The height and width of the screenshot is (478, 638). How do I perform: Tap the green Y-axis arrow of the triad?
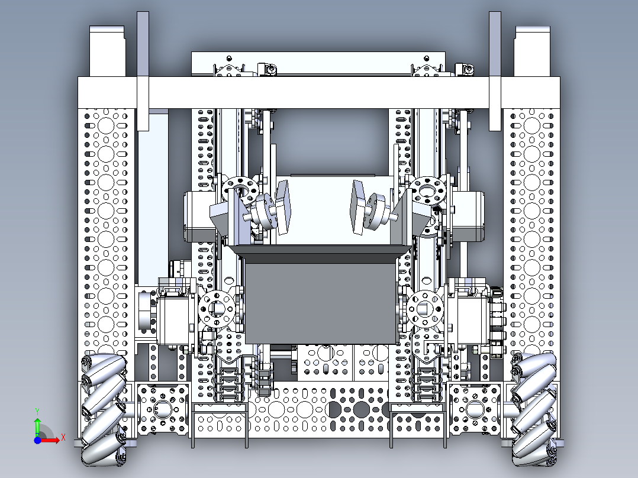(x=37, y=424)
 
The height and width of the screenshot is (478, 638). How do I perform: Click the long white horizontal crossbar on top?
(x=320, y=92)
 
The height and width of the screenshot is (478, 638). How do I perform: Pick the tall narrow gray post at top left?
(x=143, y=71)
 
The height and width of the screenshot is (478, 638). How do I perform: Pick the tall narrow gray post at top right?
(x=495, y=71)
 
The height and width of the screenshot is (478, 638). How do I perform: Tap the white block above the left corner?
(x=107, y=50)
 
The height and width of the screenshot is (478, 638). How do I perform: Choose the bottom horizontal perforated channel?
(x=320, y=414)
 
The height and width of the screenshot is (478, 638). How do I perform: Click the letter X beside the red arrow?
(x=62, y=438)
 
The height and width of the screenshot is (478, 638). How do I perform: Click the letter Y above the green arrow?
(x=37, y=411)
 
